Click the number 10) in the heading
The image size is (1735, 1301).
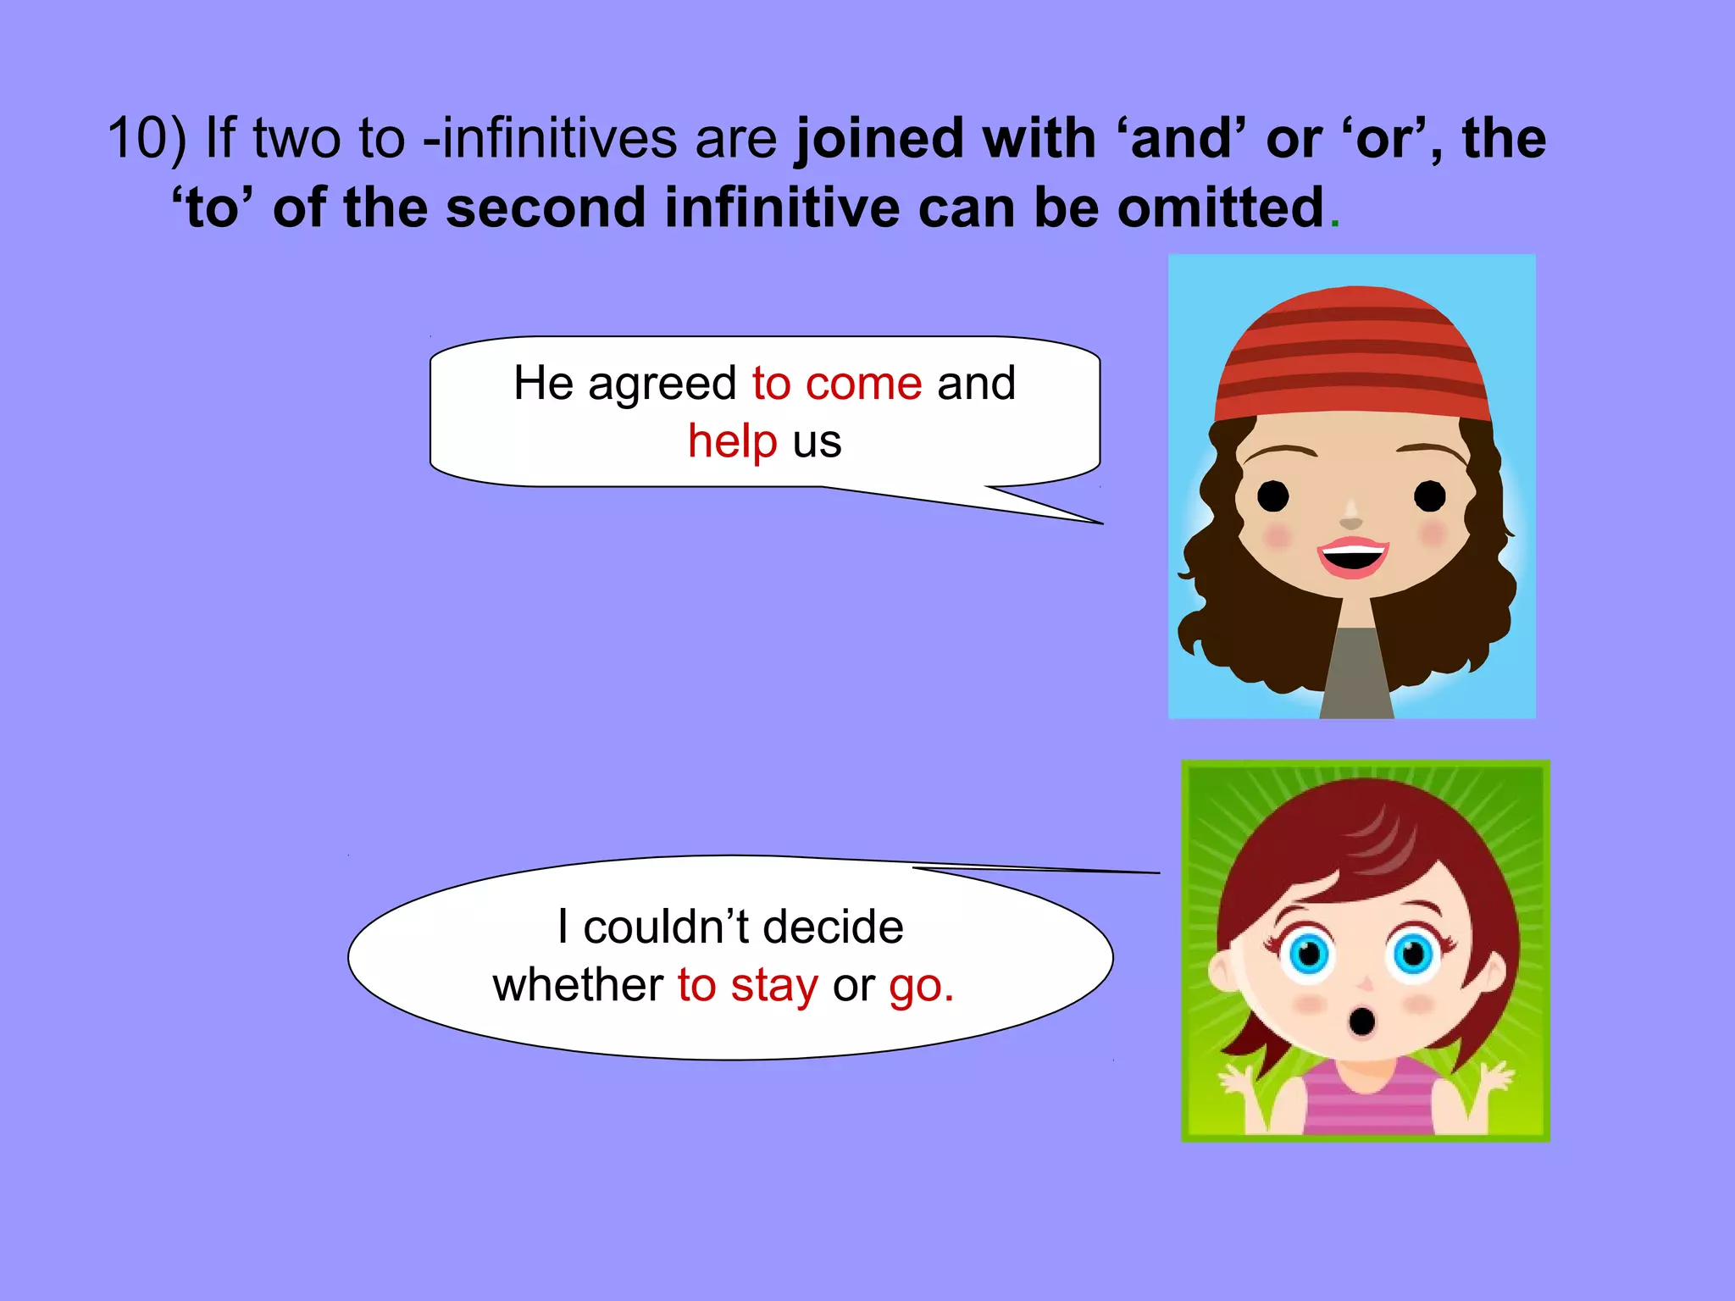pyautogui.click(x=146, y=138)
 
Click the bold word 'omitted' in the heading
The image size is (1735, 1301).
pyautogui.click(x=1220, y=208)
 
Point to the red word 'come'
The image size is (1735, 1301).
pyautogui.click(x=863, y=384)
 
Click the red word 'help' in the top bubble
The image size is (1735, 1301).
pyautogui.click(x=732, y=441)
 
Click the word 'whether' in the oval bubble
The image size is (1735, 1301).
pyautogui.click(x=578, y=985)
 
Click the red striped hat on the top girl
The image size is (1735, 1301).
pyautogui.click(x=1352, y=356)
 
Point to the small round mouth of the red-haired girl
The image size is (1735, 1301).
pyautogui.click(x=1361, y=1021)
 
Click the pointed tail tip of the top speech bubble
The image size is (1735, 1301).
pyautogui.click(x=1100, y=523)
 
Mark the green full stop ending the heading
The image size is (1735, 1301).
pyautogui.click(x=1335, y=224)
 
